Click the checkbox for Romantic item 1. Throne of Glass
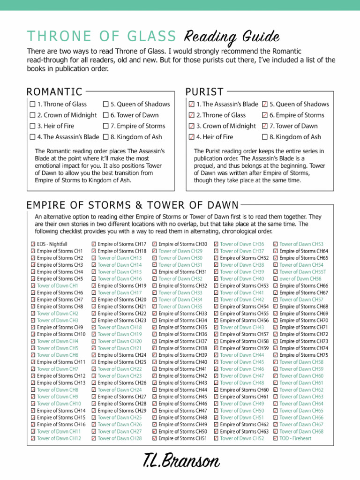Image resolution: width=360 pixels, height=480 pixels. coord(32,105)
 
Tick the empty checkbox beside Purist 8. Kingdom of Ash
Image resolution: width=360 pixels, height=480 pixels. coord(265,137)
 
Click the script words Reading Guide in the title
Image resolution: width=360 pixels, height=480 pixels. coord(232,37)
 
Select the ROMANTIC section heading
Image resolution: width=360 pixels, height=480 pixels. coord(54,92)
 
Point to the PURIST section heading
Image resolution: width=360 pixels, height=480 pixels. coord(204,92)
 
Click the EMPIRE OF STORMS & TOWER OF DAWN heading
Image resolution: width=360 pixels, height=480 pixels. coord(133,205)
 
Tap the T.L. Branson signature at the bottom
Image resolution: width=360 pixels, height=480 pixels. coord(181,461)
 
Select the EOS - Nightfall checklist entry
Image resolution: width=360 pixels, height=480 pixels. coord(52,244)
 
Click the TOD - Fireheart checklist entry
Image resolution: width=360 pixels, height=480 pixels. coord(295,438)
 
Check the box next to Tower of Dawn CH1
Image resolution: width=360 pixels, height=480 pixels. coord(33,285)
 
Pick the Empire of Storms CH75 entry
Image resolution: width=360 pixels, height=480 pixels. coord(304,355)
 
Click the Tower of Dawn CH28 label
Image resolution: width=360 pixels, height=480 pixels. coord(120,438)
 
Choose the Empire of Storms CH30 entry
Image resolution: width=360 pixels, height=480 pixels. coord(183,244)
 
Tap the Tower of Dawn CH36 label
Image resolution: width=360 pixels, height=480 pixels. coord(242,244)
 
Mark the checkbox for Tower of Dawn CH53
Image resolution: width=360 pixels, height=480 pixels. coord(276,244)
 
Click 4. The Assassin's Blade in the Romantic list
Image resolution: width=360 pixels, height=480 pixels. coord(68,137)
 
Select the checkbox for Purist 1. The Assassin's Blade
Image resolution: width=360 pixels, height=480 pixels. coord(191,105)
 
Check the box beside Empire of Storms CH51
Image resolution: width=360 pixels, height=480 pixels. coord(155,438)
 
